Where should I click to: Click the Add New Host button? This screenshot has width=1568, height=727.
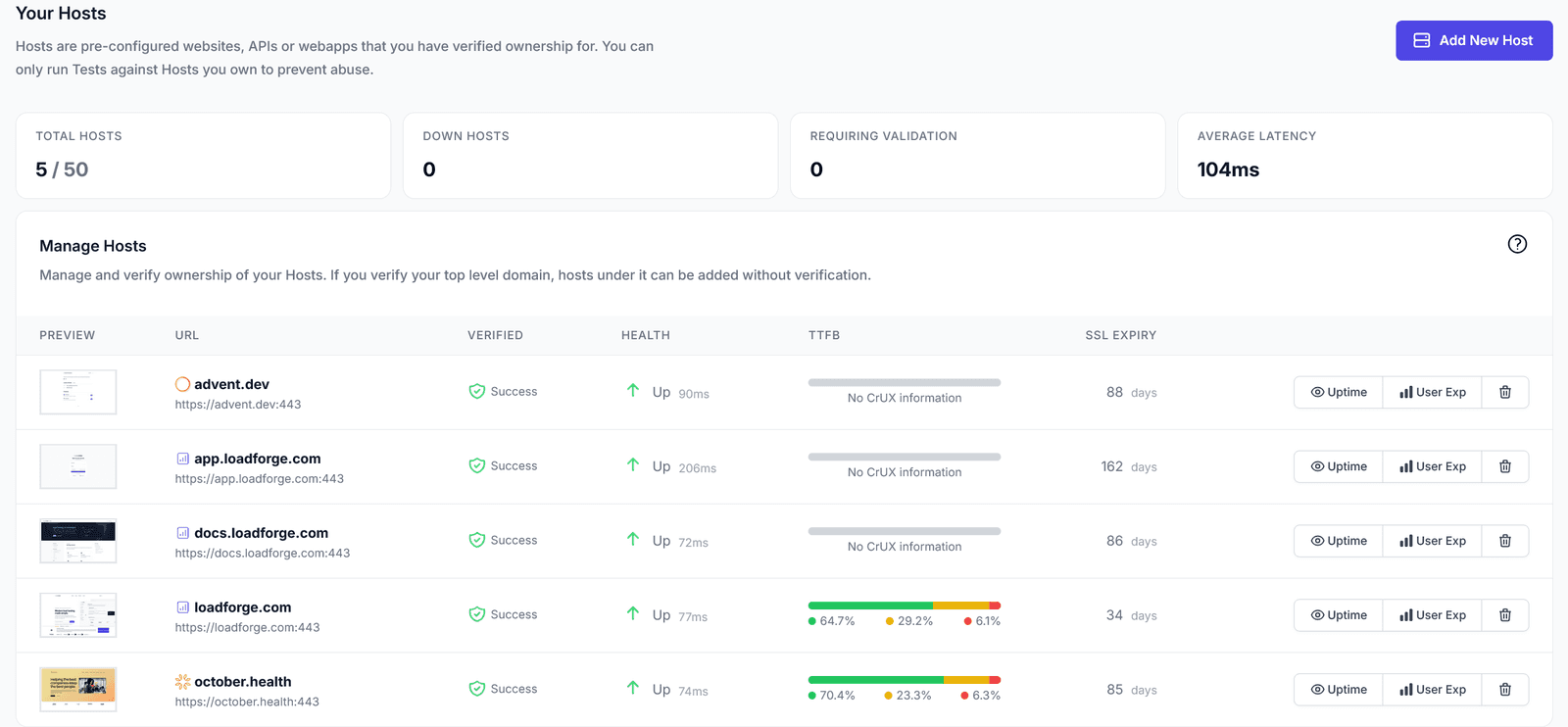[x=1473, y=40]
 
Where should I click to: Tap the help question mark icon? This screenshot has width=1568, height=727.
[x=1517, y=244]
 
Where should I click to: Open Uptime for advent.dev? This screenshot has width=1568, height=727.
[x=1339, y=392]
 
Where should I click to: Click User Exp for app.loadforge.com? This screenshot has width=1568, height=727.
[x=1432, y=466]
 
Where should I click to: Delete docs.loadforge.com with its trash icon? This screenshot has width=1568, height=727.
[x=1505, y=541]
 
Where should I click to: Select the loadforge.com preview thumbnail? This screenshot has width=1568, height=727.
[x=78, y=615]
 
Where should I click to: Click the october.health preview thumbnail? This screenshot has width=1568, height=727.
[x=78, y=690]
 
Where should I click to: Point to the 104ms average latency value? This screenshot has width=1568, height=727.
[x=1228, y=170]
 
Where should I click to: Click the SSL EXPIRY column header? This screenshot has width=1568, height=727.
[x=1120, y=335]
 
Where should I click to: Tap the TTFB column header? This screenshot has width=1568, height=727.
[x=824, y=335]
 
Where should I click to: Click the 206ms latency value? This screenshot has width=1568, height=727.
[x=697, y=468]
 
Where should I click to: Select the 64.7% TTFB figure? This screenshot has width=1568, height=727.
[x=837, y=621]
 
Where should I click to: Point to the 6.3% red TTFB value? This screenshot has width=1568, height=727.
[x=986, y=696]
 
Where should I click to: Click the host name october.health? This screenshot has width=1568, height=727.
[x=242, y=682]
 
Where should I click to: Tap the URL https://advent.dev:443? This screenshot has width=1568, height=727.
[x=238, y=405]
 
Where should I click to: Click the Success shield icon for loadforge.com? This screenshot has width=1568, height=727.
[x=477, y=614]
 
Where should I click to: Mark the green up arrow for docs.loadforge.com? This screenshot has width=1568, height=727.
[x=633, y=539]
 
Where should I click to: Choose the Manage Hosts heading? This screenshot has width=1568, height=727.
[x=93, y=246]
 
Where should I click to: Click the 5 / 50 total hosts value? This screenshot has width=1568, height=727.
[x=62, y=170]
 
